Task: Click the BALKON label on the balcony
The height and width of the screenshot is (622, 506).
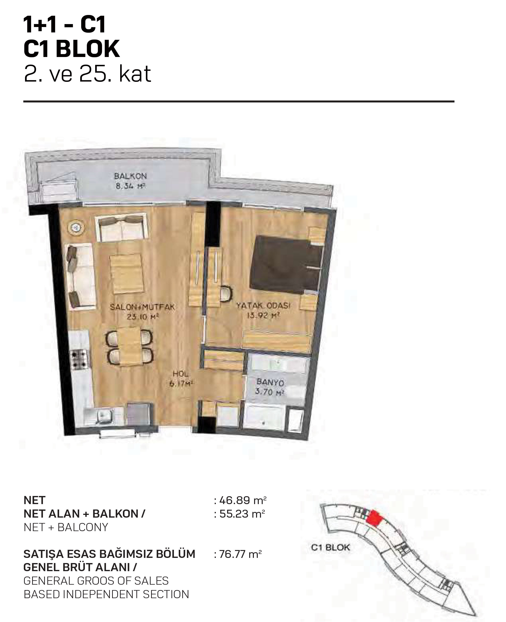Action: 130,176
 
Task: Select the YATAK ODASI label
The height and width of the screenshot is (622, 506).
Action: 263,306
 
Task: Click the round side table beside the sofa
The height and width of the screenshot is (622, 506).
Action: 77,227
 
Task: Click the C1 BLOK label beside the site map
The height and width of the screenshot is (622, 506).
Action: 330,547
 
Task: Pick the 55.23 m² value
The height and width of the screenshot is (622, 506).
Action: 243,514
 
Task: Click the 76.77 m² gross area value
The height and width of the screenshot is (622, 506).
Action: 240,554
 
